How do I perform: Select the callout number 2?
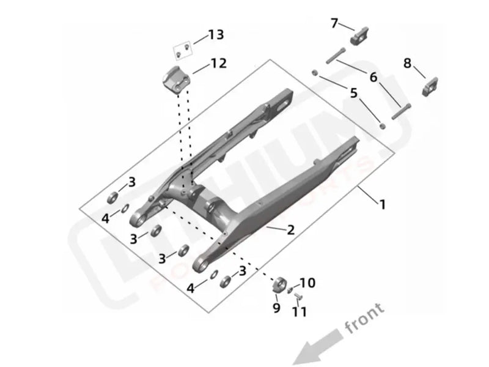290,230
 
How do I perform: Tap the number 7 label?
334,23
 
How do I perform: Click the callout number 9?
276,308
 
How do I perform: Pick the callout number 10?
307,283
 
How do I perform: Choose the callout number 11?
299,312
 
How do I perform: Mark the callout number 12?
218,63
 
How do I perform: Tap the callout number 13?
215,35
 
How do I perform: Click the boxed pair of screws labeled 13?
182,51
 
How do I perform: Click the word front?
364,318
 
